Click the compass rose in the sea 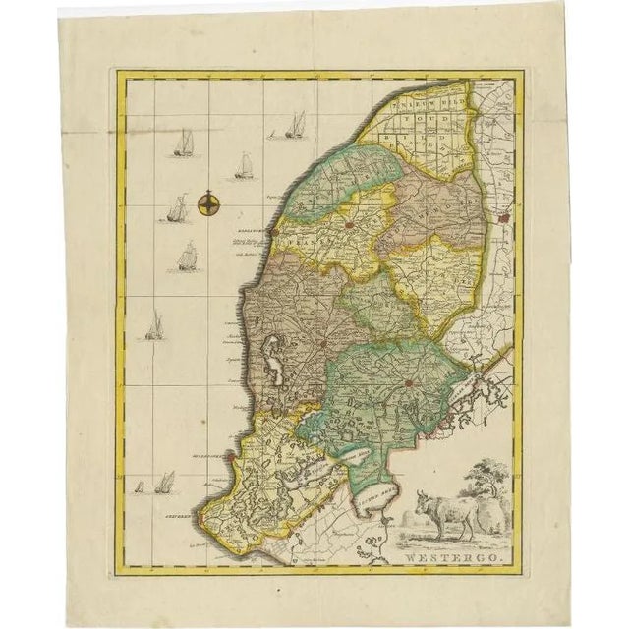coord(208,204)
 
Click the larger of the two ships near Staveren coord(165,482)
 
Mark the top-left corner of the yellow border coord(117,73)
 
